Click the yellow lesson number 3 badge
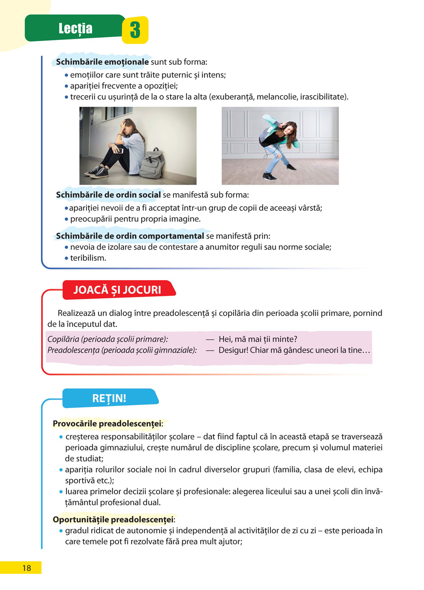click(x=135, y=30)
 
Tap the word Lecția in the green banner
click(x=75, y=28)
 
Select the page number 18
click(x=26, y=568)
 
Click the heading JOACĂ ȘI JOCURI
click(x=117, y=290)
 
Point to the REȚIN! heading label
click(x=109, y=398)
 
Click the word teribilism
click(x=88, y=258)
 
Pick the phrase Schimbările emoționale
click(x=102, y=62)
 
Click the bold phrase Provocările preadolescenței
click(x=107, y=424)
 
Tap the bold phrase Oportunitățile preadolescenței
click(x=113, y=520)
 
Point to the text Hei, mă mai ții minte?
click(x=258, y=339)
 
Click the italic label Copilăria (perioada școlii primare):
click(x=108, y=339)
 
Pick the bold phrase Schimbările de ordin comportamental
click(x=130, y=236)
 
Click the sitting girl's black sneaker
click(x=97, y=172)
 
